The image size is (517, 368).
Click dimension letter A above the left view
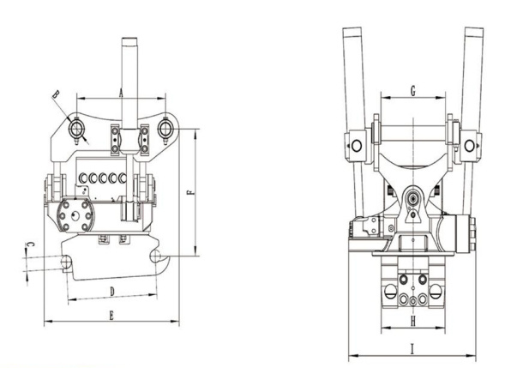[x=121, y=93]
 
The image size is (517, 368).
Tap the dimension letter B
[x=56, y=94]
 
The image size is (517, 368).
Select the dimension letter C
[x=30, y=244]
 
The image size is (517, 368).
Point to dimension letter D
[x=112, y=292]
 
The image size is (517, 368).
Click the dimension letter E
[x=111, y=316]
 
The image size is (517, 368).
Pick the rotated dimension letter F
[x=190, y=192]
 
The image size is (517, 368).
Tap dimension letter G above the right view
[x=412, y=91]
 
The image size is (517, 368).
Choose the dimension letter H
[x=412, y=321]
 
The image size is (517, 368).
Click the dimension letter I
[x=412, y=349]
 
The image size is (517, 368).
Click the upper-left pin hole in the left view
[x=76, y=129]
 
